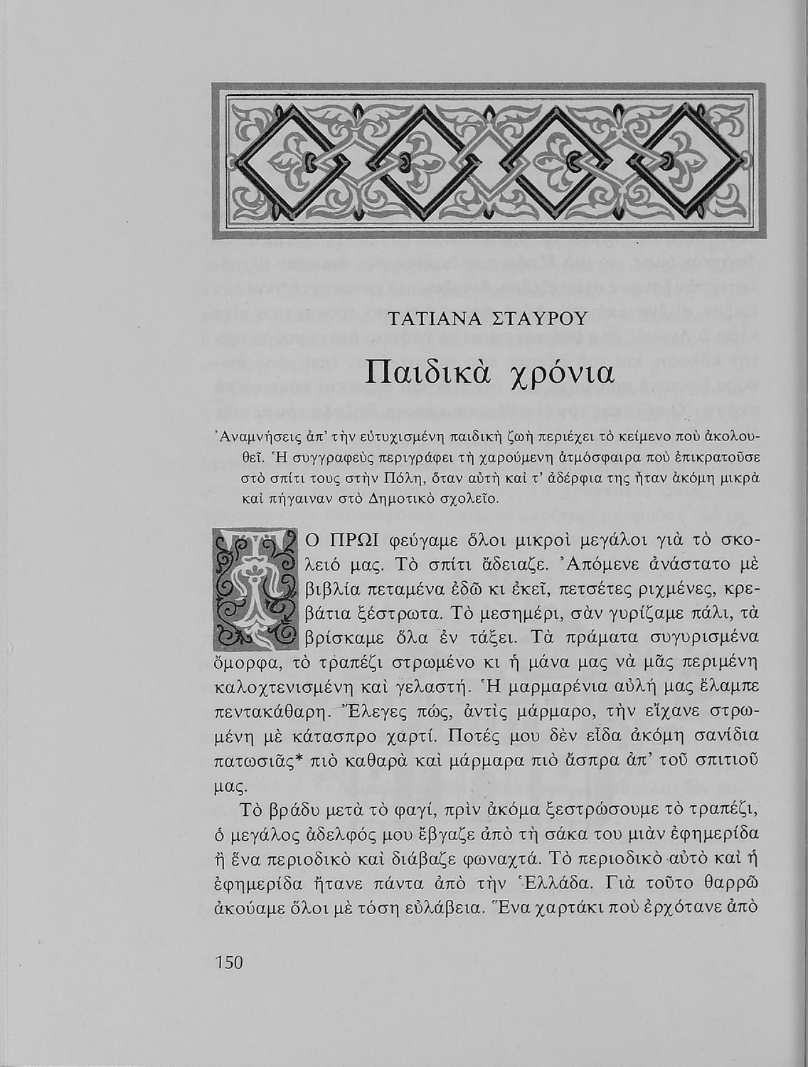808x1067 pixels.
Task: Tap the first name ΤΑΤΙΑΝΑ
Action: pos(427,318)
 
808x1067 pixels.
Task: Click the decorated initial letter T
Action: pos(254,590)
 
